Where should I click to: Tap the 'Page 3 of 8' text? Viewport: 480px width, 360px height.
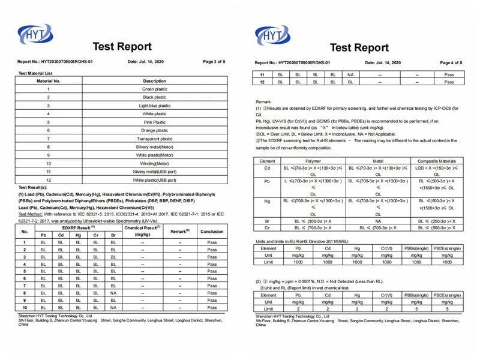point(214,62)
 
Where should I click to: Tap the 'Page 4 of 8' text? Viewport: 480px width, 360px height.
point(451,62)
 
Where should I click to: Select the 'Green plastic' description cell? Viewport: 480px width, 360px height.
point(154,89)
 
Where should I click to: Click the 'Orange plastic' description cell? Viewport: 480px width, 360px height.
point(154,130)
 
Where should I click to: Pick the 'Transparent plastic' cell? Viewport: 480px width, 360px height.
point(154,138)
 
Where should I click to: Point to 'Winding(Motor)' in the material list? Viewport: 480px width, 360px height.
point(154,163)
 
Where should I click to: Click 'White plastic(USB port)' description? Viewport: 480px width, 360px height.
point(154,179)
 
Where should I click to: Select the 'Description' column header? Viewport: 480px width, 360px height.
point(154,80)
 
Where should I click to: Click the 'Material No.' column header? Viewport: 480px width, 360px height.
point(49,80)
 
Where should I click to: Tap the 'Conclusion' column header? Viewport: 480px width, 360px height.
point(211,231)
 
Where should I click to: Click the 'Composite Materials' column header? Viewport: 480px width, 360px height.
point(436,161)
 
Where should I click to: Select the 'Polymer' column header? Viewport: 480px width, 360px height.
point(313,161)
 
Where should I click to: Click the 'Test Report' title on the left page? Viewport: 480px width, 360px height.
point(122,47)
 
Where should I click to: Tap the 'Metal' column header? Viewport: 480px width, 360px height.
point(378,161)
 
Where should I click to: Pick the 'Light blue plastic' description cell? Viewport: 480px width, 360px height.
point(154,106)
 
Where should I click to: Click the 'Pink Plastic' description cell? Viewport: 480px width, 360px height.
point(154,122)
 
